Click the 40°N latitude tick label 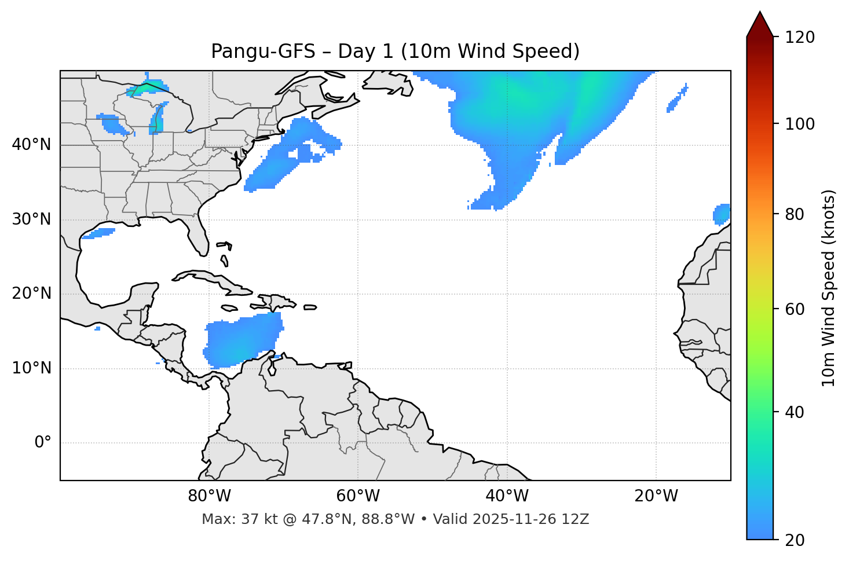pos(31,145)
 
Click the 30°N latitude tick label pos(31,219)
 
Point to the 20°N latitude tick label pos(31,294)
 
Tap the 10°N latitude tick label pos(31,368)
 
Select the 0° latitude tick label pos(43,443)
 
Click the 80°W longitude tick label pos(209,496)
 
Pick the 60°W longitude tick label pos(358,496)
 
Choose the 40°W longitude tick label pos(507,496)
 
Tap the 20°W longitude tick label pos(656,496)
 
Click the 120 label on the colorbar pos(801,38)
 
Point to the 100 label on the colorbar pos(801,124)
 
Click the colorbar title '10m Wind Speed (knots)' pos(829,288)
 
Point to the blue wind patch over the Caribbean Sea pos(243,342)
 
